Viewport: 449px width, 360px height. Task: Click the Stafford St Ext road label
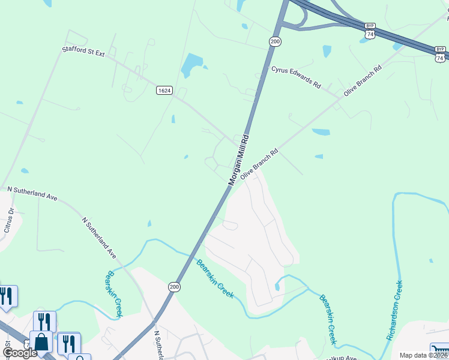[83, 53]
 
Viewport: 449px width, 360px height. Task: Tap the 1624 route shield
[164, 91]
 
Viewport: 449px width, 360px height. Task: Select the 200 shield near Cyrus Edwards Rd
[275, 41]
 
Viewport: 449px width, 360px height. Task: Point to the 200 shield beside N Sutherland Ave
[174, 287]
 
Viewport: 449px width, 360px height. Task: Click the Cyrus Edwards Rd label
[296, 77]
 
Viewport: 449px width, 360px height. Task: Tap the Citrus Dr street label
[8, 220]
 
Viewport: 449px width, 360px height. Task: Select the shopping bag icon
[42, 341]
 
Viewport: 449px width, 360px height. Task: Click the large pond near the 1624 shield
[192, 64]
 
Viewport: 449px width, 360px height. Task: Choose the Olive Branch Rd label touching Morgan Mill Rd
[259, 164]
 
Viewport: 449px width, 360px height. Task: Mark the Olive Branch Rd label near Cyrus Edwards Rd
[363, 82]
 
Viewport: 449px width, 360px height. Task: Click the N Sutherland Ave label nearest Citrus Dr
[32, 193]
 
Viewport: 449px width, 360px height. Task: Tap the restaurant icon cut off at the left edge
[6, 296]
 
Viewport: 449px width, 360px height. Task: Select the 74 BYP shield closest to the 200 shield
[370, 31]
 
